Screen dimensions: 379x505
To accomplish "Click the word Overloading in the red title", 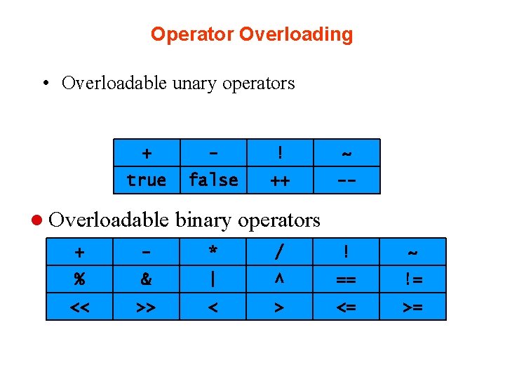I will click(296, 34).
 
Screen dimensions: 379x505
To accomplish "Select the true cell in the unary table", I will click(147, 180).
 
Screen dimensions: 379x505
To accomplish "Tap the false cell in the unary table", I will click(213, 180).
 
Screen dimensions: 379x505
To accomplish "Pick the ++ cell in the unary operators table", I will click(280, 180).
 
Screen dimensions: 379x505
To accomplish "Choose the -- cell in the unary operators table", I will click(346, 180).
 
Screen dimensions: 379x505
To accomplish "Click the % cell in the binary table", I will click(79, 279).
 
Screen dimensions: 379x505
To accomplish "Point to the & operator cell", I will click(146, 279).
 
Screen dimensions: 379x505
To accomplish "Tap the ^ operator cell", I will click(280, 279).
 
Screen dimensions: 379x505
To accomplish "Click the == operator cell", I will click(346, 279).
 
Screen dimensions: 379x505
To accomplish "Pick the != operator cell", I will click(413, 279).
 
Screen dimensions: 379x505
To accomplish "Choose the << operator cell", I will click(79, 307).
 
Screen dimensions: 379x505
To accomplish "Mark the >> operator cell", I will click(146, 307).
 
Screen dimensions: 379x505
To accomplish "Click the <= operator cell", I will click(346, 307).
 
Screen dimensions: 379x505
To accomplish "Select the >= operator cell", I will click(413, 307).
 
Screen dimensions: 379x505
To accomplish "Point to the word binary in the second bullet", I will click(206, 220).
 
